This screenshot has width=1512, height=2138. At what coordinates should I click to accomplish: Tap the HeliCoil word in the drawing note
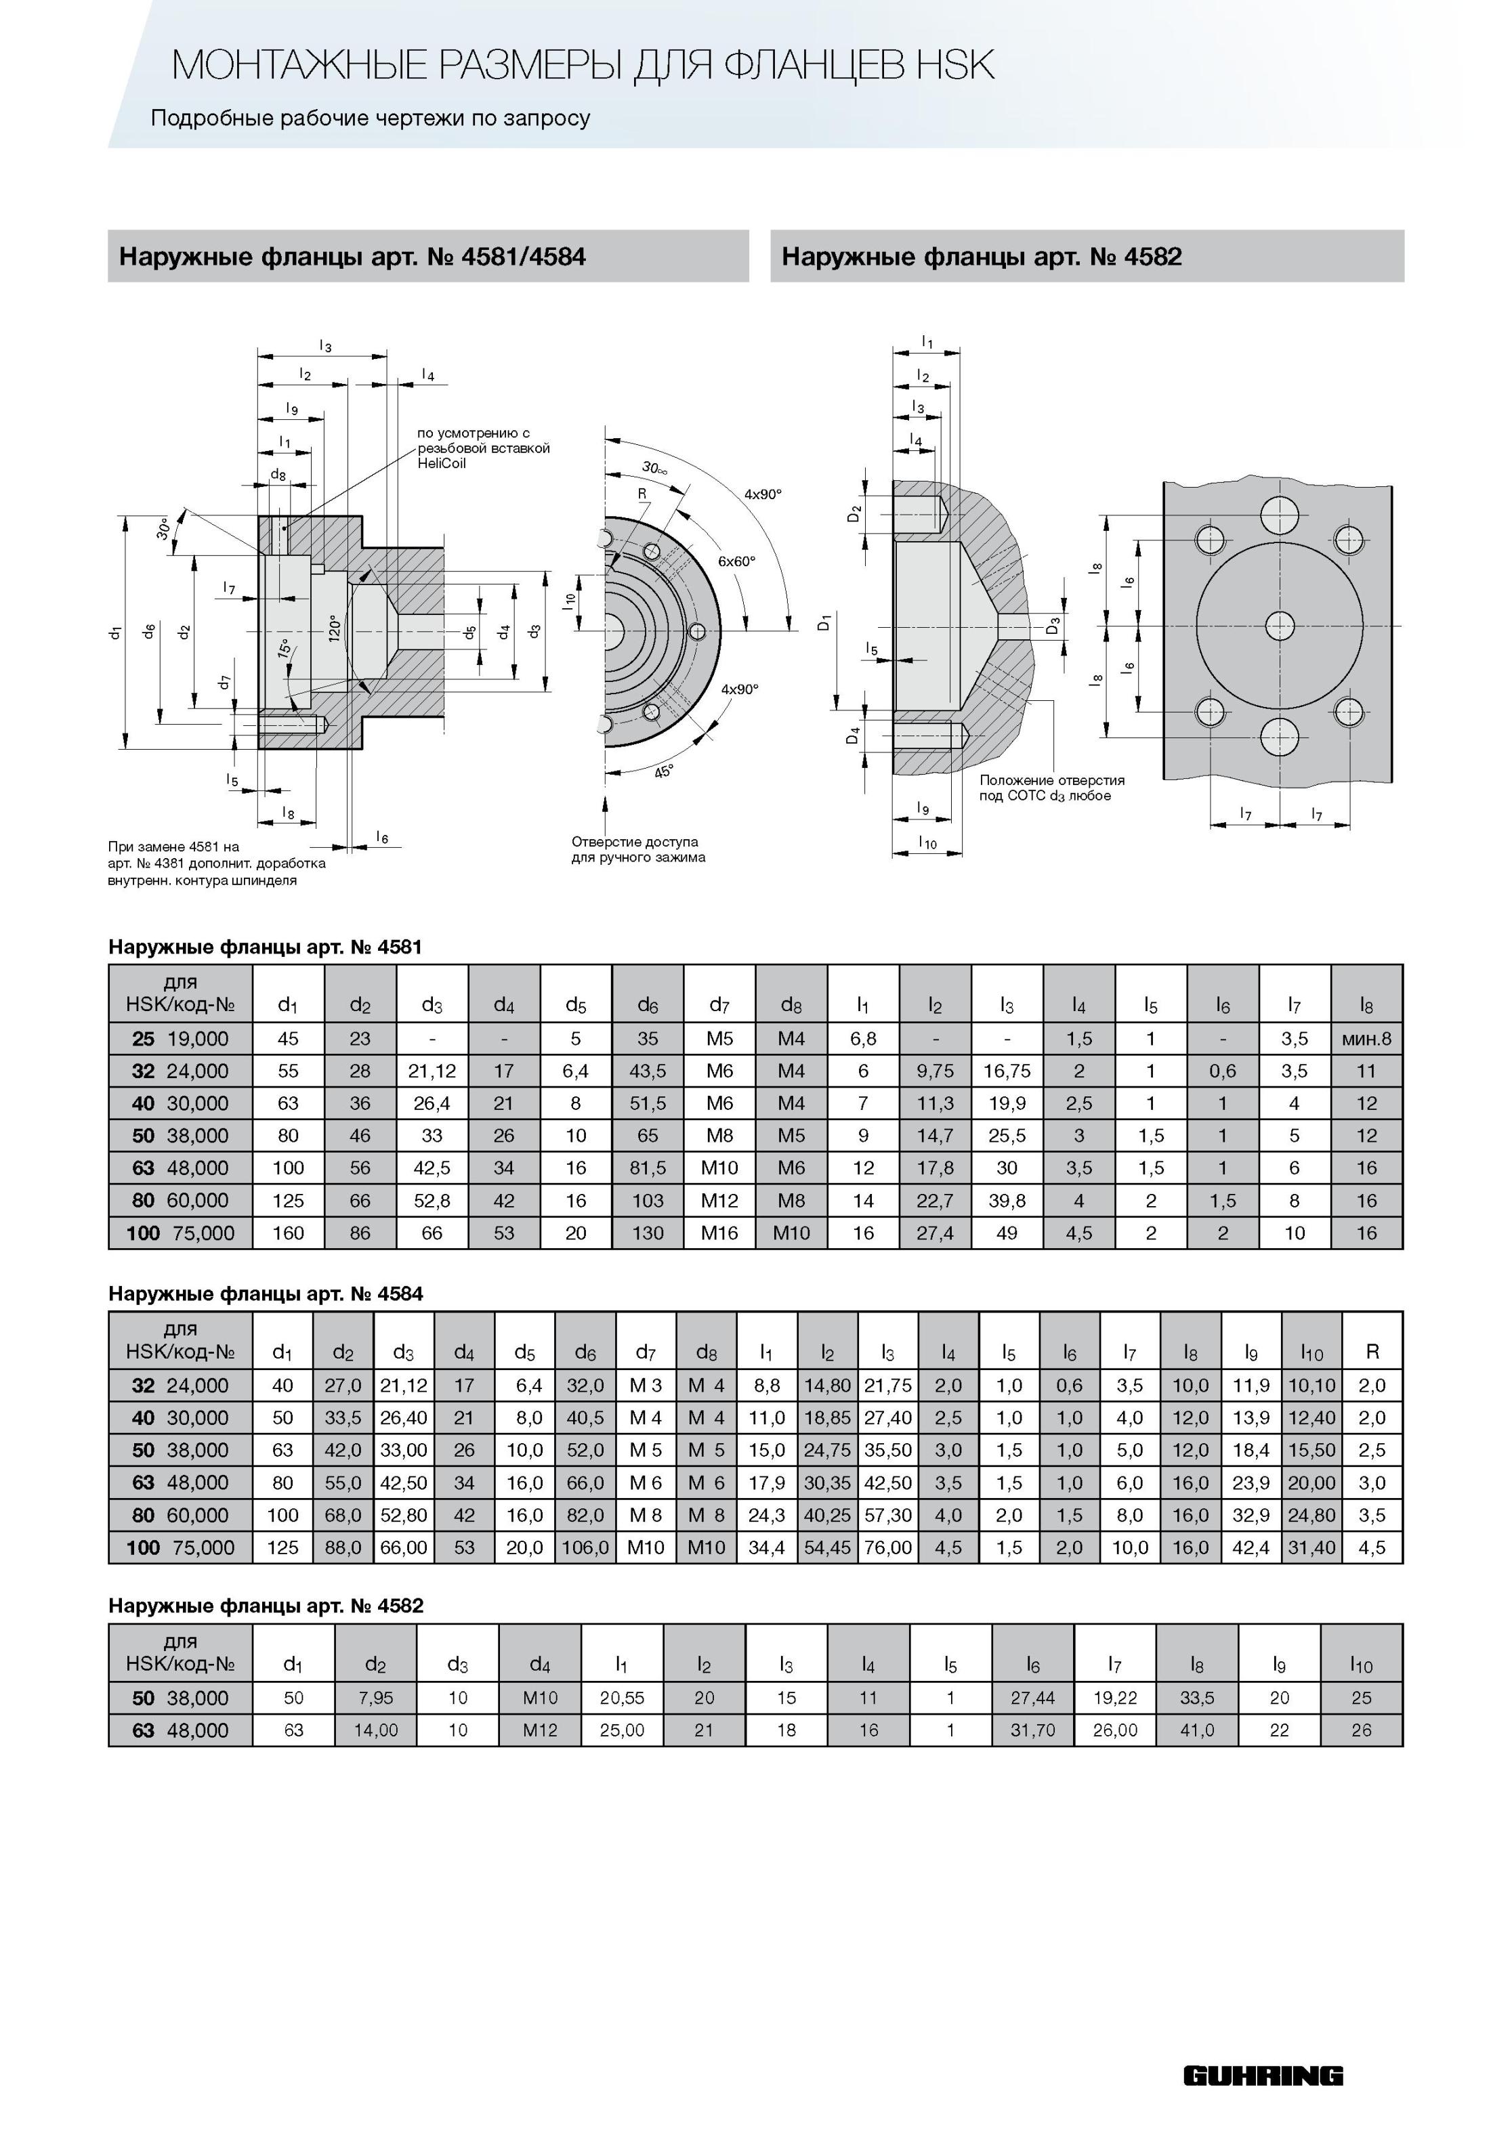(442, 464)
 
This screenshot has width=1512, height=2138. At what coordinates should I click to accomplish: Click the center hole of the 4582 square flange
(1279, 624)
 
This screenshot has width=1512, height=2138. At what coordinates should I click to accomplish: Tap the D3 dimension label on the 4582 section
(1053, 626)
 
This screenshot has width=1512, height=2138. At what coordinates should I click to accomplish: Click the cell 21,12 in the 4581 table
(432, 1071)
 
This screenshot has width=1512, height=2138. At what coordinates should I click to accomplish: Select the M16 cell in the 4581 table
(719, 1233)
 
